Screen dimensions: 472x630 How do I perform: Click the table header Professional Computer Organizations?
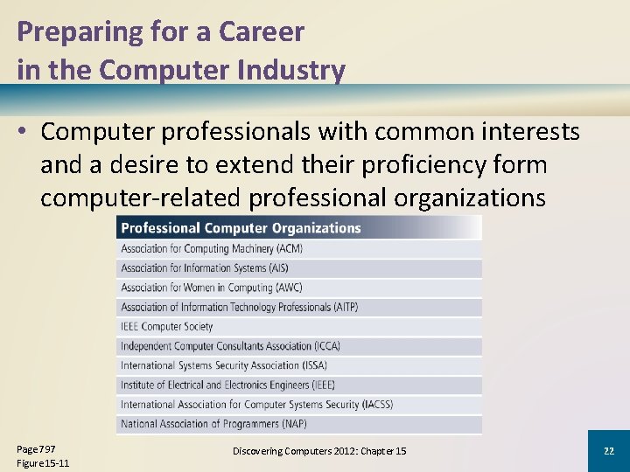[x=241, y=228]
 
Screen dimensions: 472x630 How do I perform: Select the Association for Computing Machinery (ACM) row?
[x=212, y=248]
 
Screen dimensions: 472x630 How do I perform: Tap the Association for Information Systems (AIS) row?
[x=204, y=268]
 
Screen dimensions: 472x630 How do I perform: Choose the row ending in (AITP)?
[x=239, y=307]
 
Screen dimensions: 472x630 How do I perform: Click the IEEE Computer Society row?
[x=167, y=326]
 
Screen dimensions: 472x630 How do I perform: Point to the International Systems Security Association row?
[x=224, y=365]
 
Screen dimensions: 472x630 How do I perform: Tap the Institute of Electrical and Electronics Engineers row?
[x=227, y=385]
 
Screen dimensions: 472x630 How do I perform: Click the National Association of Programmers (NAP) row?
[x=214, y=424]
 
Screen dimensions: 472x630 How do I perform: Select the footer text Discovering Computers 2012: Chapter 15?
[x=319, y=451]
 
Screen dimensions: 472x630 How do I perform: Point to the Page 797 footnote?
[x=36, y=448]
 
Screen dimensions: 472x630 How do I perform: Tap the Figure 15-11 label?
[x=43, y=463]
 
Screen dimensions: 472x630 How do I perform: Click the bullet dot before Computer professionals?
[x=24, y=132]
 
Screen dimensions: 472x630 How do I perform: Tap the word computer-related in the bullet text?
[x=140, y=198]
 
